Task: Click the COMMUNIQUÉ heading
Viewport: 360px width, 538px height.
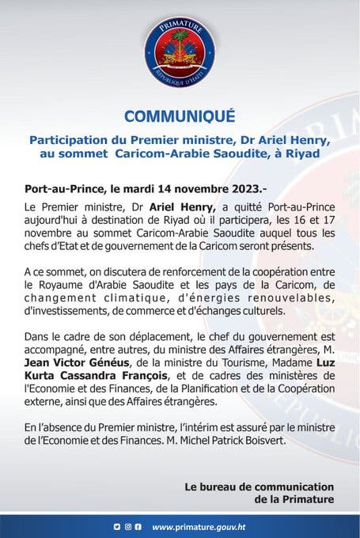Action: click(180, 116)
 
